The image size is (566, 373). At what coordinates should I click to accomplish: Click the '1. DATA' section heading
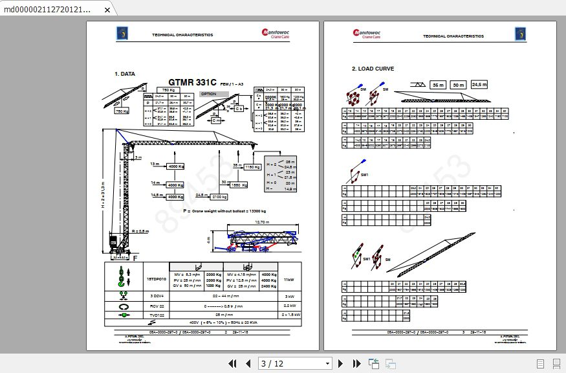click(x=125, y=74)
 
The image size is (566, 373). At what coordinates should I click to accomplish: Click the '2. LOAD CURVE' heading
click(x=373, y=69)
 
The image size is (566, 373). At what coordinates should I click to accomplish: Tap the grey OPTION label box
click(x=208, y=94)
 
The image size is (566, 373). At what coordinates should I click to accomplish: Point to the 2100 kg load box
click(x=220, y=196)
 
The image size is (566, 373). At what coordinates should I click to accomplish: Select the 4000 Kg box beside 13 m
click(x=176, y=166)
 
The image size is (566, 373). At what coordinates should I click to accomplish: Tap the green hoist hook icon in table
click(x=120, y=277)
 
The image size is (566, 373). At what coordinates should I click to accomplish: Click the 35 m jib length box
click(x=439, y=85)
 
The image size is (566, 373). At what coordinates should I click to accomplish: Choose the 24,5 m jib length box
click(x=479, y=85)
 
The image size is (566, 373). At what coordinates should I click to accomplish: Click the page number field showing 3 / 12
click(x=294, y=363)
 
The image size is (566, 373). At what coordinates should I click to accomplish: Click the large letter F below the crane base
click(x=135, y=258)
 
